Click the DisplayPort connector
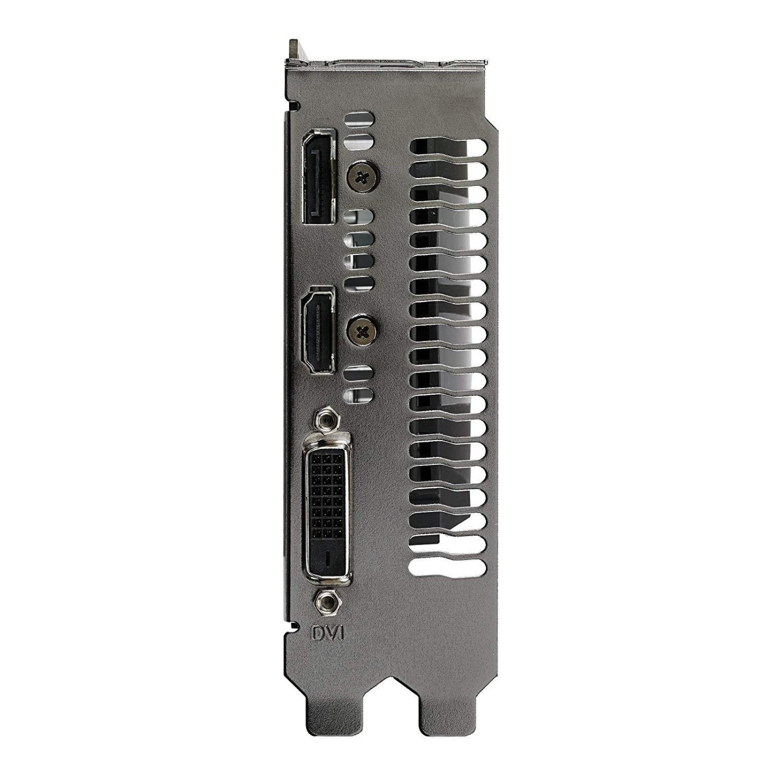point(318,176)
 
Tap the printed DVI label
point(328,633)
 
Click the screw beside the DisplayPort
point(362,177)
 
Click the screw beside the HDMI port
point(362,331)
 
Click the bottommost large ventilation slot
point(448,567)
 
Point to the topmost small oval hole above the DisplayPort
point(359,119)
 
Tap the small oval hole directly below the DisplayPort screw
point(359,216)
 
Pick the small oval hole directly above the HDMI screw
point(359,284)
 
